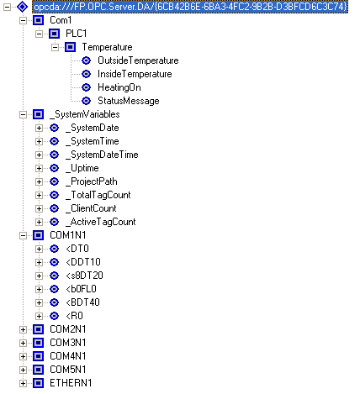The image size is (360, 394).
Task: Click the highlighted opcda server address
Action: coord(190,7)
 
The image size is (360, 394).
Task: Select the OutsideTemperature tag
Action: coord(138,60)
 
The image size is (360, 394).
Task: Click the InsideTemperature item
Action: coord(135,74)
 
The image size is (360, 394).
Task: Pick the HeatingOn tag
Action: coord(119,87)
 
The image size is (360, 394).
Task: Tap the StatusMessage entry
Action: coord(129,101)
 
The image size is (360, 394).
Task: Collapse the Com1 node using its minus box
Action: coord(23,20)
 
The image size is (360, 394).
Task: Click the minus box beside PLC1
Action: coord(39,34)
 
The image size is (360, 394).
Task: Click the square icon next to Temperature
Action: coord(70,47)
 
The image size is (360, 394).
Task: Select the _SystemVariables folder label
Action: coord(85,114)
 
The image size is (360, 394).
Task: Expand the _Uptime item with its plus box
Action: coord(39,168)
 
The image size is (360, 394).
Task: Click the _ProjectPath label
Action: coord(92,181)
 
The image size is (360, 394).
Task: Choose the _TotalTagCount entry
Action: coord(98,195)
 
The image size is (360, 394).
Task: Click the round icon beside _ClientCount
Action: coord(55,208)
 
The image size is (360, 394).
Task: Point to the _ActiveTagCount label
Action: coord(101,222)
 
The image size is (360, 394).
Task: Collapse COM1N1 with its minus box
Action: coord(23,235)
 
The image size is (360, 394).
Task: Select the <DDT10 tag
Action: coord(83,262)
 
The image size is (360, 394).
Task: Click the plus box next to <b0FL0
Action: coord(39,289)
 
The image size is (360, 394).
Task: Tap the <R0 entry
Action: coord(74,316)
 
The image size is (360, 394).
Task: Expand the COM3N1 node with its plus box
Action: coord(23,343)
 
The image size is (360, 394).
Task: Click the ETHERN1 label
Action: coord(71,383)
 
